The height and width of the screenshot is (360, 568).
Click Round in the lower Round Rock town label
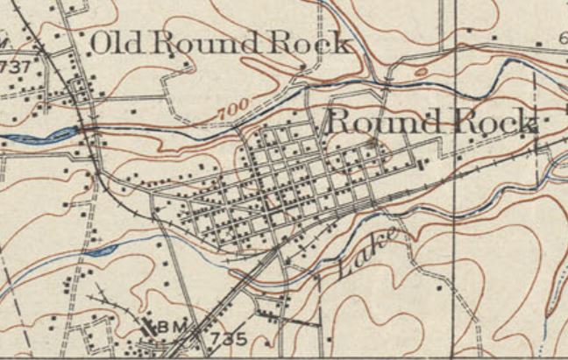[x=384, y=122]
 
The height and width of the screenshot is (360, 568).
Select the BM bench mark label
[x=173, y=327]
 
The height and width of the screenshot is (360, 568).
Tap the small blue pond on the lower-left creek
[x=103, y=251]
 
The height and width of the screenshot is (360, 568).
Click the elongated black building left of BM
[x=147, y=327]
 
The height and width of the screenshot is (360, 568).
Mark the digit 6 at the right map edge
[x=562, y=36]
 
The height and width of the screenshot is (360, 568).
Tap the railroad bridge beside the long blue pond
[x=89, y=130]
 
